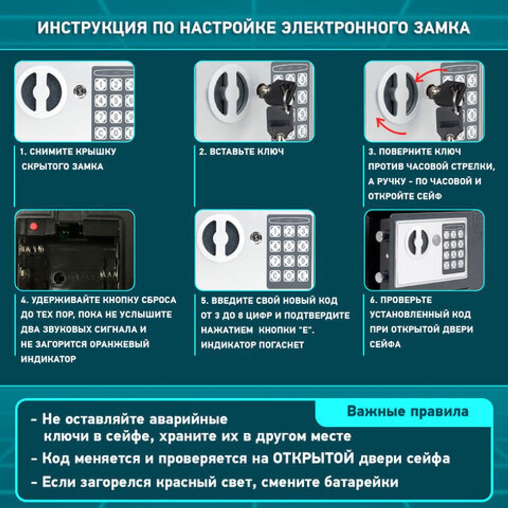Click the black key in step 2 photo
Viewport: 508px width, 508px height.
tap(279, 102)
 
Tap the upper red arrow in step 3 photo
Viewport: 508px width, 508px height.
tap(430, 76)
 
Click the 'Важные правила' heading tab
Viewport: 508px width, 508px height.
tap(407, 411)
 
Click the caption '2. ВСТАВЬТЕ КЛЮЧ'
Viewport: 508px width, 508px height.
tap(241, 151)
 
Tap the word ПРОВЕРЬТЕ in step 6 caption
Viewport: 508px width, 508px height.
tap(406, 300)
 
